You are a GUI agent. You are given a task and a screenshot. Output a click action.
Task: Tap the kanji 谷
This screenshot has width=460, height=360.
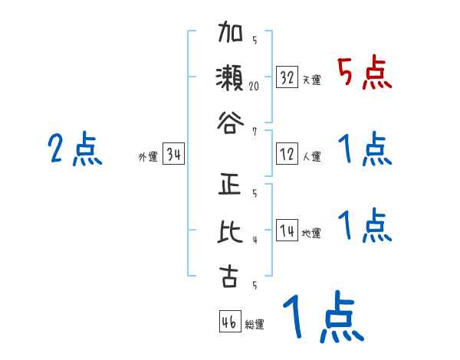tap(228, 120)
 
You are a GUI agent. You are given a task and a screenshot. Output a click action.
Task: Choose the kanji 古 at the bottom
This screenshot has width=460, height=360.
tap(228, 275)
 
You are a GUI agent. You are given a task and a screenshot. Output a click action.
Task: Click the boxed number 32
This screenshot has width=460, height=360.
tap(287, 77)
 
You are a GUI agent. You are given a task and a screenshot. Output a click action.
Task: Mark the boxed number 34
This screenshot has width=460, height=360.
tap(173, 155)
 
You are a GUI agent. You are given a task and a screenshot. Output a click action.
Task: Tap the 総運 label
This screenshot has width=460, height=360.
tap(255, 324)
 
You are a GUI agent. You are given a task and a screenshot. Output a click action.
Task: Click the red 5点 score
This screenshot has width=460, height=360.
tap(364, 74)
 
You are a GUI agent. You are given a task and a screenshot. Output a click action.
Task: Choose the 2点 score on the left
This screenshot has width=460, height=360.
tap(75, 149)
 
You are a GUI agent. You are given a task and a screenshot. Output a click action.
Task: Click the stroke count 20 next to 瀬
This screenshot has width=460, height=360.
tap(254, 86)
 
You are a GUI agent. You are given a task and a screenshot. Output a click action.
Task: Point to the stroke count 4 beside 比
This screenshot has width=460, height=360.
tap(254, 240)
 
